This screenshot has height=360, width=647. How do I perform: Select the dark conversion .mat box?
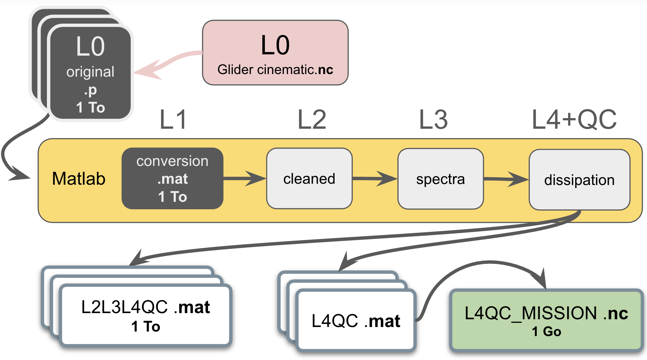coord(172,179)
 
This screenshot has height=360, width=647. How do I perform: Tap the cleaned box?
coord(309,179)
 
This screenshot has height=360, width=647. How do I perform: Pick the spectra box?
coord(441,179)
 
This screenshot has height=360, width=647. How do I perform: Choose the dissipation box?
coord(579,180)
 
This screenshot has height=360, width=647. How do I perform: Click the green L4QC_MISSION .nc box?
coord(546,320)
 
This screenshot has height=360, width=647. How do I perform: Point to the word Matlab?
coord(79,179)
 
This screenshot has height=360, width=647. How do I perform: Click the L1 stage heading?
coord(173,120)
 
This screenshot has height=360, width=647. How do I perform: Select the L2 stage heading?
coord(312,120)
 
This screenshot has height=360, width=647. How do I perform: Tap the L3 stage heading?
coord(433,120)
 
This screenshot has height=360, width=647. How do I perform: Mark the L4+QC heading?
coord(574,120)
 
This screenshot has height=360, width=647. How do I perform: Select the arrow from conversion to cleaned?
coord(245,179)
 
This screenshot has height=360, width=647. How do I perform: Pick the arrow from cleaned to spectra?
coord(375,179)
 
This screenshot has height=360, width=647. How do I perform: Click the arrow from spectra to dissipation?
coord(506,179)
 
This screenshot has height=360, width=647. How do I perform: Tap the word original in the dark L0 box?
coord(90,72)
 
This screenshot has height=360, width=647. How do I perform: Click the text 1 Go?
coord(546,332)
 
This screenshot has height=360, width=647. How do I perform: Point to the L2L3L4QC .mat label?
coord(146,307)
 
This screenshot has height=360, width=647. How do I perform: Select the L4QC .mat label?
coord(356,321)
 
